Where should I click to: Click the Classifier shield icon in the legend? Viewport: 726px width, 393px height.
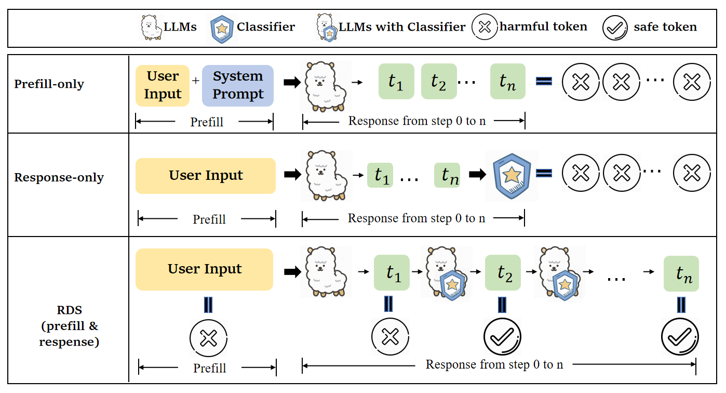(222, 28)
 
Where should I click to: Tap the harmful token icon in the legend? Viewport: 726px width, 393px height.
(485, 28)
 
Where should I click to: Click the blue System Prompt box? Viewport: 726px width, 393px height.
(238, 86)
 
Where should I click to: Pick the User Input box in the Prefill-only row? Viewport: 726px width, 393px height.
(163, 86)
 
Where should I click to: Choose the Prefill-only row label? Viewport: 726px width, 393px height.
(49, 84)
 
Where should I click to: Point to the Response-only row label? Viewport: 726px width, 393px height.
(59, 177)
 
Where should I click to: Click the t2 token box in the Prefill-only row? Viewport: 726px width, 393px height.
(438, 82)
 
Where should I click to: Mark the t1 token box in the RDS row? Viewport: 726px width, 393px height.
(392, 272)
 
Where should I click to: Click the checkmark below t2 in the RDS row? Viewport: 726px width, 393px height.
(502, 337)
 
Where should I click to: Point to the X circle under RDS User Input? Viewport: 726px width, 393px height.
(208, 339)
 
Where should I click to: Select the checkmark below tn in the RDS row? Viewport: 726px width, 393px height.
(680, 337)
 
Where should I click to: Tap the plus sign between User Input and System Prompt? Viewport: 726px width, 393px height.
(196, 81)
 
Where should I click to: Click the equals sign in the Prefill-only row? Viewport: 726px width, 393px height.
(543, 81)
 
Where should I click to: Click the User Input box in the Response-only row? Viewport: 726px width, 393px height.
(206, 176)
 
